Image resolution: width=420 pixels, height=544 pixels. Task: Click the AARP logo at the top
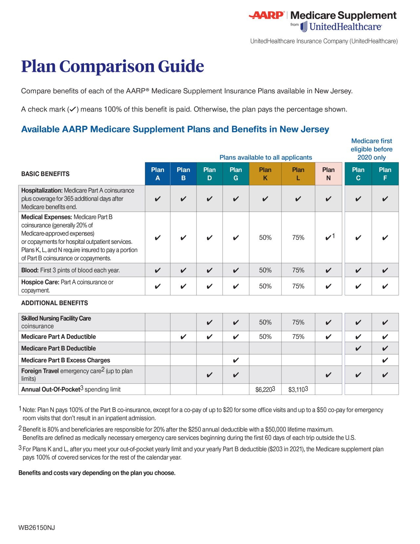point(266,15)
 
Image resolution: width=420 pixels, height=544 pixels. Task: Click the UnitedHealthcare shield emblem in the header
point(304,27)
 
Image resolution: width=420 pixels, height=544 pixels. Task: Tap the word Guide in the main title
point(181,66)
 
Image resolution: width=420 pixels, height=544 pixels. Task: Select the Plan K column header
point(265,174)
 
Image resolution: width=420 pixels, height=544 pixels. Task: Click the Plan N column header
point(328,174)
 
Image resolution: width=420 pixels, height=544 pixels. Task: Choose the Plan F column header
point(385,174)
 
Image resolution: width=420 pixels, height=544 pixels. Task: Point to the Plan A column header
point(157,174)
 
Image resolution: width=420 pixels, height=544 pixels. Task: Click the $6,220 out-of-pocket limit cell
point(265,390)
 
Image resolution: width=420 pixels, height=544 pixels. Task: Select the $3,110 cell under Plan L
point(298,390)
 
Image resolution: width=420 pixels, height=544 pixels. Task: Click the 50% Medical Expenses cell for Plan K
point(265,238)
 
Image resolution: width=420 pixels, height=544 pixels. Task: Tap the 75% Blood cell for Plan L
point(298,270)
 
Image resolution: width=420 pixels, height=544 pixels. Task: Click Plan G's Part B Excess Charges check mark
point(236,360)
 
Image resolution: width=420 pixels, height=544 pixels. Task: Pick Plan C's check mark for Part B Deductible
point(358,349)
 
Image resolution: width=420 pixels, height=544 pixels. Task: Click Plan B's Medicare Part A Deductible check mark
point(183,337)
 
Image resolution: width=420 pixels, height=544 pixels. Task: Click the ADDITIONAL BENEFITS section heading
point(54,303)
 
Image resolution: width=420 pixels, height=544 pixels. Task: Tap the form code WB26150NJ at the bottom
point(36,528)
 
